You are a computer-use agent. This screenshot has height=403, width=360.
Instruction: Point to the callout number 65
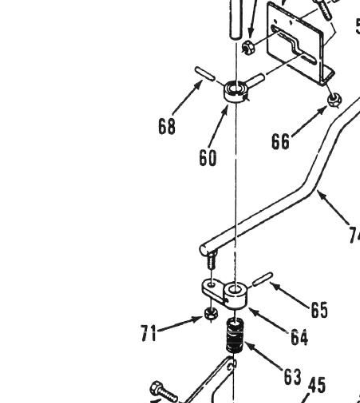coord(319,311)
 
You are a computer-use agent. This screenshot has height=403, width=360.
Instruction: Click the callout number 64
coord(299,339)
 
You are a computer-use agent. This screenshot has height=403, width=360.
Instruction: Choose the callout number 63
coord(292,376)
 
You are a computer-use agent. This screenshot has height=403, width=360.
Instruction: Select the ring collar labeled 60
coord(236,95)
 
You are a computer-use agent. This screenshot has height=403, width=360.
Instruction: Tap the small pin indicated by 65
coord(262,276)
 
